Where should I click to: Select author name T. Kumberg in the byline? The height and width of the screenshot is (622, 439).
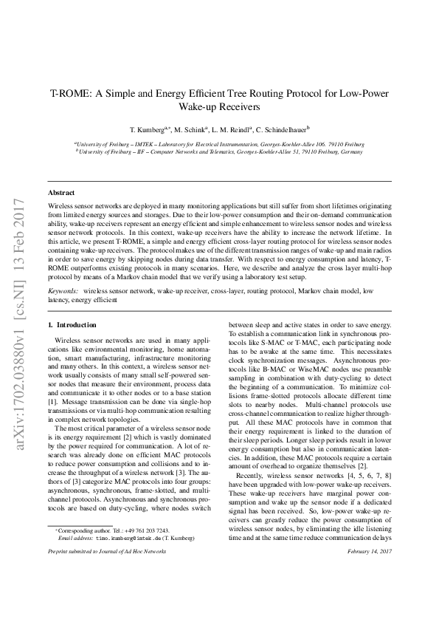[x=146, y=128]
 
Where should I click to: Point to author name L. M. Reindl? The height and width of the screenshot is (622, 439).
[x=238, y=128]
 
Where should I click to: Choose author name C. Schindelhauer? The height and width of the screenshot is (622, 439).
[x=287, y=128]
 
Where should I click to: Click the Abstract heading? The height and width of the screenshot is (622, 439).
[x=61, y=191]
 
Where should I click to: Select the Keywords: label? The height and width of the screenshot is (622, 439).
[x=63, y=291]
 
